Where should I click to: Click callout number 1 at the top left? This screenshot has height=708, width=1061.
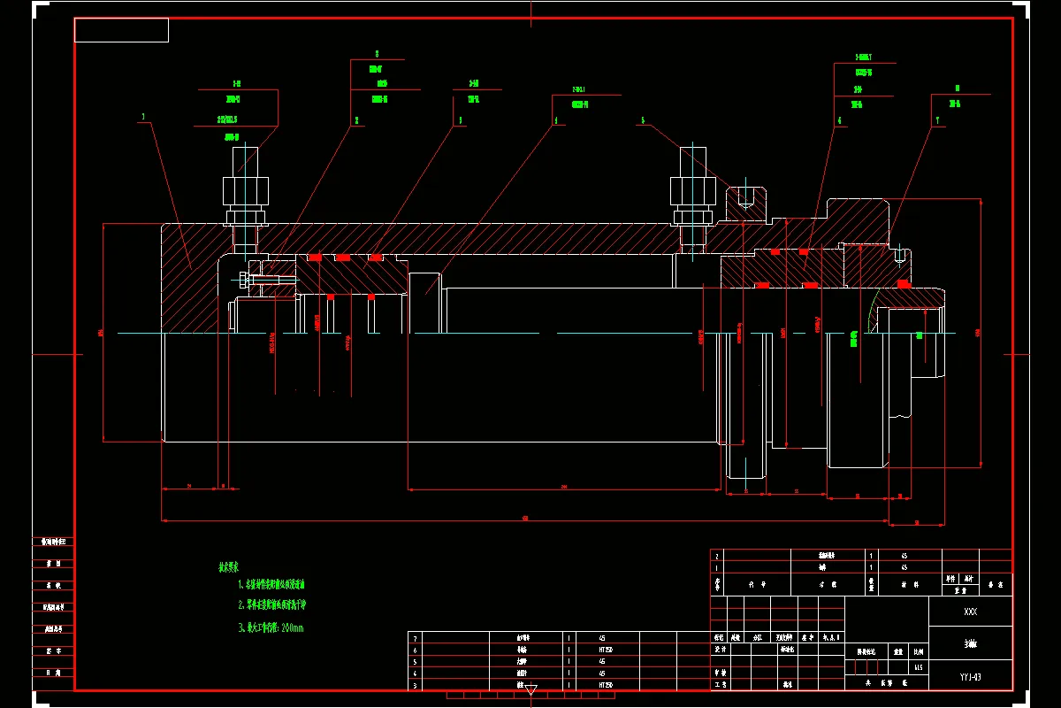click(142, 115)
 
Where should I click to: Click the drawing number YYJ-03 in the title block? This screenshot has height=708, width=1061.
click(971, 679)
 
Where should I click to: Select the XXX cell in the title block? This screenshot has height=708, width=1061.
click(971, 612)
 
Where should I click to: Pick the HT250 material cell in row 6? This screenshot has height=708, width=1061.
click(602, 650)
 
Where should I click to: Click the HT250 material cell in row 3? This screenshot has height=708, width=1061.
click(602, 685)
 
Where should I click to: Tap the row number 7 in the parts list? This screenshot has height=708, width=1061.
click(415, 637)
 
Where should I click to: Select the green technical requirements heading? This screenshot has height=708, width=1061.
click(229, 566)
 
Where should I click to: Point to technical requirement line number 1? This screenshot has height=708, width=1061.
click(240, 584)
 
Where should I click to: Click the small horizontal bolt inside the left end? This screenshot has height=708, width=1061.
click(269, 280)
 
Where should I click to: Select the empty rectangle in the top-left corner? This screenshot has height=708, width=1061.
click(121, 30)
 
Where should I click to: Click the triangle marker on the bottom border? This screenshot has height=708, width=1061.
click(530, 689)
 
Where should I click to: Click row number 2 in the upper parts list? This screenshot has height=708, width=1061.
click(717, 555)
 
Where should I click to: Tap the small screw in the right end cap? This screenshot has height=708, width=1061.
click(900, 257)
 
